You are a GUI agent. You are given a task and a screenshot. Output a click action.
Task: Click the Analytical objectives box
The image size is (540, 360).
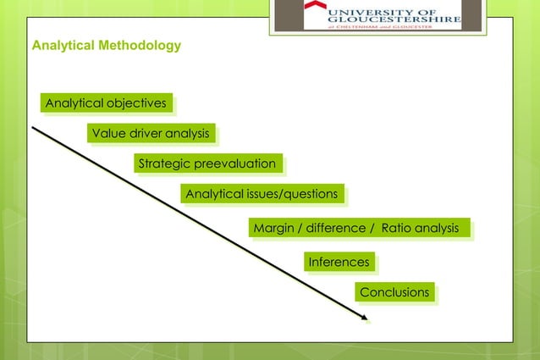click(106, 103)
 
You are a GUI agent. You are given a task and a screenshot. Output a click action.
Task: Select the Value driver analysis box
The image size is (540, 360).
click(151, 133)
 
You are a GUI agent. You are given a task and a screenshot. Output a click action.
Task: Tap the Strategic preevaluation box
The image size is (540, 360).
click(207, 163)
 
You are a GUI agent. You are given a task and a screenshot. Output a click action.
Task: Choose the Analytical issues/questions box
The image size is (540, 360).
click(262, 194)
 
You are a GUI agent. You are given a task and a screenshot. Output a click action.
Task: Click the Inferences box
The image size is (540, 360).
click(339, 262)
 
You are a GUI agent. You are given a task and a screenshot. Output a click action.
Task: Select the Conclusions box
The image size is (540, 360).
click(394, 292)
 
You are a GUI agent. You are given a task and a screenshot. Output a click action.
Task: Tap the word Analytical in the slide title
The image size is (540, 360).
click(58, 45)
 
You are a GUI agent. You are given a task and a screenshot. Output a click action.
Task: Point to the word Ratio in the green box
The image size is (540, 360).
click(395, 228)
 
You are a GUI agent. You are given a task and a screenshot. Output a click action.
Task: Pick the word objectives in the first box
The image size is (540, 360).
click(135, 103)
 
